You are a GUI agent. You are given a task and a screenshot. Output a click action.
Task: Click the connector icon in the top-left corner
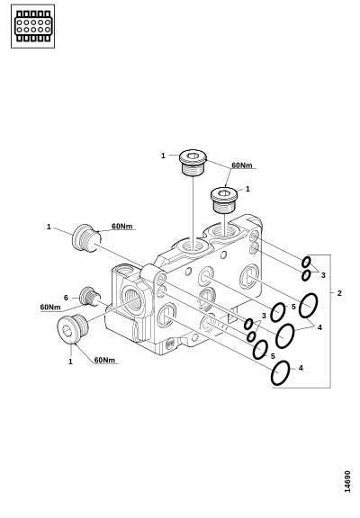point(32,26)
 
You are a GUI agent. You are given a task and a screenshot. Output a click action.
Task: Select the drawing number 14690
point(347,482)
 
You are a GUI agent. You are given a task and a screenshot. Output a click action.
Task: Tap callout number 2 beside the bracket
point(339,293)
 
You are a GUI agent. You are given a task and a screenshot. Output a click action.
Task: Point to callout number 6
point(66,298)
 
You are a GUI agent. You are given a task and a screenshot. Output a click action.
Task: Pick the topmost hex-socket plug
point(193,162)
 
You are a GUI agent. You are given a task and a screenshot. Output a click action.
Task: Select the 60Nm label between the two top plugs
point(242,165)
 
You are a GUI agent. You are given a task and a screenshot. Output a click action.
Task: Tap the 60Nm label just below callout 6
point(50,308)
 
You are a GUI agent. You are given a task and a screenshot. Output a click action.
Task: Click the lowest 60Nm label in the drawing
point(104,360)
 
